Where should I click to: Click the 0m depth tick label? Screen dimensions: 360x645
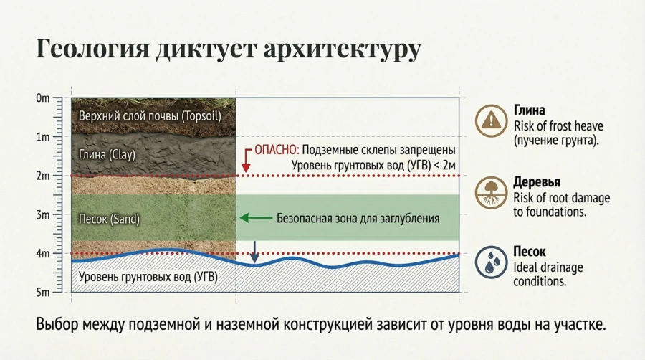click(x=42, y=98)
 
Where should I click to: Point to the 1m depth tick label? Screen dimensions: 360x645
click(x=42, y=136)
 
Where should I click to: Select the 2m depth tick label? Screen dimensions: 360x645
click(x=42, y=176)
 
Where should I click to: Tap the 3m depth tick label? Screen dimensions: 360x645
click(x=42, y=214)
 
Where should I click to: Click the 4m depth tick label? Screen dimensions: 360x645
click(x=42, y=253)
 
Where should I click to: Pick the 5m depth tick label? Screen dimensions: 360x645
click(x=42, y=292)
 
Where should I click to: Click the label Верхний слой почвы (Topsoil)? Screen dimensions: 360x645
click(x=150, y=115)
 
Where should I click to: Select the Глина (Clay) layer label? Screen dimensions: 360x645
click(x=107, y=155)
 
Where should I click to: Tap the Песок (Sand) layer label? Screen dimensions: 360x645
click(x=109, y=219)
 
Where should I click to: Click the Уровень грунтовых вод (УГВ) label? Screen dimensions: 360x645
click(x=148, y=276)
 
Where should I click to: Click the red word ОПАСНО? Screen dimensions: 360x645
click(x=275, y=151)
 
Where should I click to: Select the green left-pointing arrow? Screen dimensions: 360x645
click(x=256, y=218)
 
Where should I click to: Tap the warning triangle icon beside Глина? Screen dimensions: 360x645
click(x=491, y=120)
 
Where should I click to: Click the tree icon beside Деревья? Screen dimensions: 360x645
click(x=491, y=193)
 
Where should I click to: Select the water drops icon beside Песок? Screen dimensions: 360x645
click(x=491, y=262)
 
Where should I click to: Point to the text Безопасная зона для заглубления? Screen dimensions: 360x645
click(x=358, y=218)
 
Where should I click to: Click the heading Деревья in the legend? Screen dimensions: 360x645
click(x=537, y=182)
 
